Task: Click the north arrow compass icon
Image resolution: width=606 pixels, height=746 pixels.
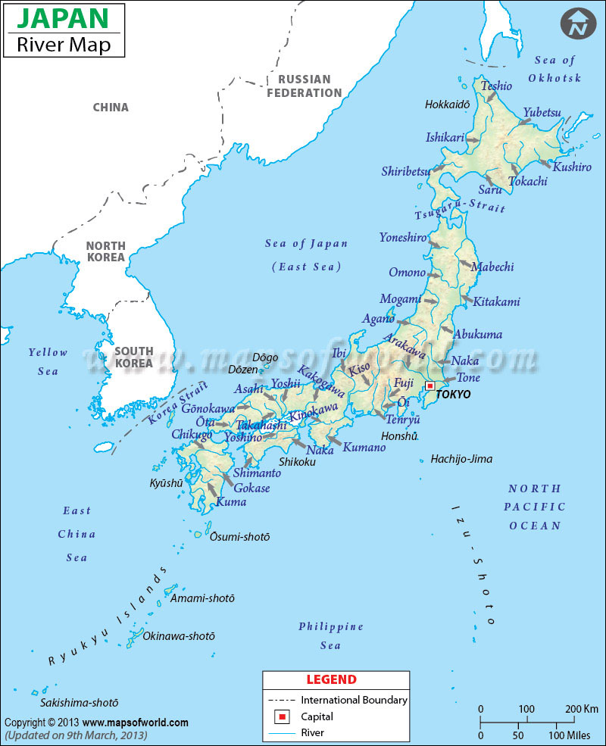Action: (579, 24)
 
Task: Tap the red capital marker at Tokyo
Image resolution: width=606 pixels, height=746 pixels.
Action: (431, 385)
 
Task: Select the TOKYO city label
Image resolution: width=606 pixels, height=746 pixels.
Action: (454, 395)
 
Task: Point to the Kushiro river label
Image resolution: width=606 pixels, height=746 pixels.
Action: (572, 167)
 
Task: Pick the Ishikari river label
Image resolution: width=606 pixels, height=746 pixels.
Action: (445, 137)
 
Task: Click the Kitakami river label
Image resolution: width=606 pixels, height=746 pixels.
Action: (496, 301)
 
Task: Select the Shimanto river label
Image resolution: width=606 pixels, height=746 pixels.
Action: (257, 473)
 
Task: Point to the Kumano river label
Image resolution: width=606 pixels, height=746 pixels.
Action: (364, 448)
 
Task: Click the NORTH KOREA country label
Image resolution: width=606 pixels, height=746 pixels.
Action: (105, 251)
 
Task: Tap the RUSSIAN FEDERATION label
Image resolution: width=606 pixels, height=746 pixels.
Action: (304, 86)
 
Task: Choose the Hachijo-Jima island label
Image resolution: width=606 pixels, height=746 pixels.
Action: (461, 459)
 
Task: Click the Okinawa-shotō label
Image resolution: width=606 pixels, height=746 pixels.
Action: (179, 636)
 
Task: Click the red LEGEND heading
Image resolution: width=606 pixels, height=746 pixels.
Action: (331, 679)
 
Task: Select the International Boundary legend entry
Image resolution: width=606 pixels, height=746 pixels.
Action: (354, 700)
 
